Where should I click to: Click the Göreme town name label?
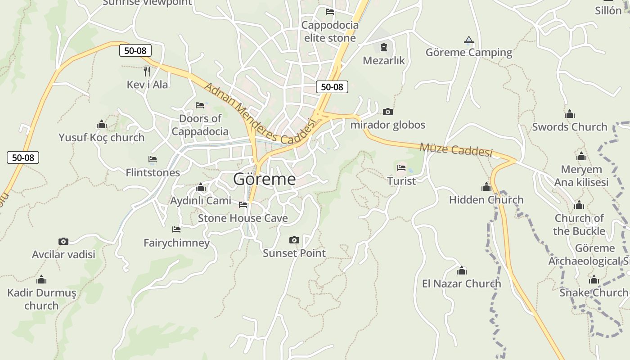pyautogui.click(x=265, y=180)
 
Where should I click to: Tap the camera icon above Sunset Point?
pyautogui.click(x=294, y=240)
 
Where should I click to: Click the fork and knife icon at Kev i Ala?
pyautogui.click(x=147, y=71)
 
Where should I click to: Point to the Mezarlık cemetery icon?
pyautogui.click(x=384, y=47)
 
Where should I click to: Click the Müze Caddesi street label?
pyautogui.click(x=456, y=149)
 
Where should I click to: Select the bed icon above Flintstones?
pyautogui.click(x=153, y=159)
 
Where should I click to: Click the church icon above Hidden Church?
pyautogui.click(x=486, y=187)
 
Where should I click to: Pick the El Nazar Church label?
pyautogui.click(x=461, y=283)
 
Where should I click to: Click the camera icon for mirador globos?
pyautogui.click(x=387, y=112)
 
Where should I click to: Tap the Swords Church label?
pyautogui.click(x=570, y=127)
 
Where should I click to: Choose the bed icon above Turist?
pyautogui.click(x=401, y=168)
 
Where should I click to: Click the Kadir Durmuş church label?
pyautogui.click(x=41, y=299)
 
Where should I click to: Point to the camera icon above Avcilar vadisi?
pyautogui.click(x=63, y=242)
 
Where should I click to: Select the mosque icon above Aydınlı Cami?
pyautogui.click(x=201, y=188)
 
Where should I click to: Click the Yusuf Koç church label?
pyautogui.click(x=102, y=137)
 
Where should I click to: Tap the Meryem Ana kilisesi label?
pyautogui.click(x=581, y=176)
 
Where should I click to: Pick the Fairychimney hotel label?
pyautogui.click(x=177, y=243)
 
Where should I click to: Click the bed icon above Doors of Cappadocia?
pyautogui.click(x=200, y=105)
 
